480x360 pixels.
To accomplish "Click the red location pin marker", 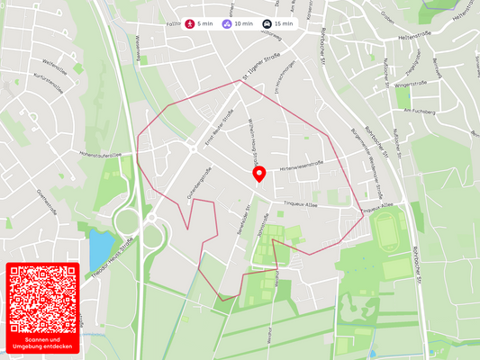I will [259, 174].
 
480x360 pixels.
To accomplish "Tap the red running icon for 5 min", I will [190, 23].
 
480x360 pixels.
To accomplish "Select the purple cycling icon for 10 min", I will [227, 23].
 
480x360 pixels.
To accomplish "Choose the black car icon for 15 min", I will [267, 23].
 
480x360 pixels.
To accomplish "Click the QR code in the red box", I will [42, 298].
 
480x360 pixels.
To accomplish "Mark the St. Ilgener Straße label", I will [261, 65].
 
